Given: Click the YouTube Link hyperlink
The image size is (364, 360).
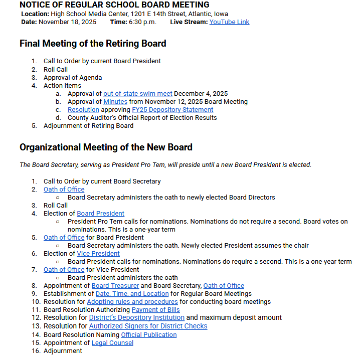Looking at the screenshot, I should pos(229,22).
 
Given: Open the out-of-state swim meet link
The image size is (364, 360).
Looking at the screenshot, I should pos(138,94).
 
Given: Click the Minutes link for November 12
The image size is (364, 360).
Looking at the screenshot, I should pos(115,102).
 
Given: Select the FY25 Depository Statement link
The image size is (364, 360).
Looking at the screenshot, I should pos(172,110).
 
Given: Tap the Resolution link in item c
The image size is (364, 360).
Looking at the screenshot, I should pos(83,110).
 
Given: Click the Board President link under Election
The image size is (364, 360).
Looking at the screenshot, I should pos(100,214).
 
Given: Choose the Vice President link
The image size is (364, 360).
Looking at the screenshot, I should pos(98,254).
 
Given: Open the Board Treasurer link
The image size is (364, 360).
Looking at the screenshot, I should pos(115,286).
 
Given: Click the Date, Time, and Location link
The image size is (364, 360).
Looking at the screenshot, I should pos(132,294).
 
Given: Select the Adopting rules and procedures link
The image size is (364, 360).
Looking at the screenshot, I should pos(132,302).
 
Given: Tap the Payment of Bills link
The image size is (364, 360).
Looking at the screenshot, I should pos(155,310).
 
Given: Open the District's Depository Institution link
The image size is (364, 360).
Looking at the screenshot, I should pos(137,318).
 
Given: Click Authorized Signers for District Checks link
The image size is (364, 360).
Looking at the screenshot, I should pos(148,326).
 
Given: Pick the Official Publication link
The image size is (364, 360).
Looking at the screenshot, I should pos(149,335).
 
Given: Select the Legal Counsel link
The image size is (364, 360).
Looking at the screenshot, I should pos(112,343).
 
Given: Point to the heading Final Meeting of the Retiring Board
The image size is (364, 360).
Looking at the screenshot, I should pos(93,44).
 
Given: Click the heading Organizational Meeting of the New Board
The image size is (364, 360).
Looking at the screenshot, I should pos(106,147).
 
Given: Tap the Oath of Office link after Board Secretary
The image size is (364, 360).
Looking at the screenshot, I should pos(224,286).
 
